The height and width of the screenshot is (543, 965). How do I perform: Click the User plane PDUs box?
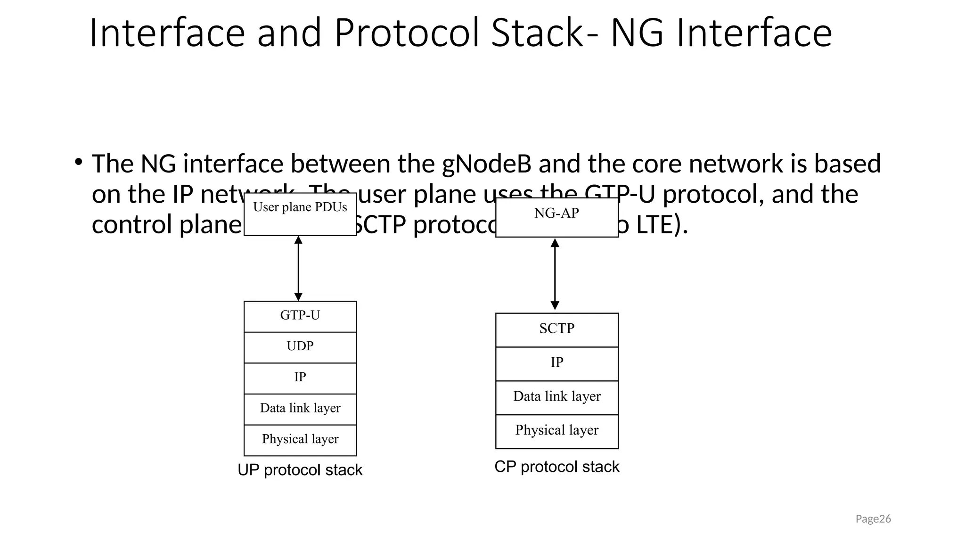point(300,214)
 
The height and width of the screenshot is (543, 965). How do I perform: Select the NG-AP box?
point(556,217)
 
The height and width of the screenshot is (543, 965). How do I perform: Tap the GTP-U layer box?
point(300,316)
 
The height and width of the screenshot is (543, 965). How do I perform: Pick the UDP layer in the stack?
point(300,347)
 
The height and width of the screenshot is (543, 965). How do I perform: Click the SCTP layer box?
point(556,329)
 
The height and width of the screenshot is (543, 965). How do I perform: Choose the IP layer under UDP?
point(300,378)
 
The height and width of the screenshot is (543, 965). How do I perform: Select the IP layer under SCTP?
point(556,363)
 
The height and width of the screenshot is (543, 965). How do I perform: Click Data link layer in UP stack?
point(300,409)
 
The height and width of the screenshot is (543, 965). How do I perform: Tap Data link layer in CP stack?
point(556,397)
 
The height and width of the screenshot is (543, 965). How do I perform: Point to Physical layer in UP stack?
point(300,440)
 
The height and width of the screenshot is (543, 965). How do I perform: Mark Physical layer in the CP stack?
point(556,431)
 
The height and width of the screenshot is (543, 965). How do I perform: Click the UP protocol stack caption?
point(300,470)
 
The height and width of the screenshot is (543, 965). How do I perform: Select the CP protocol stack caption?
point(556,467)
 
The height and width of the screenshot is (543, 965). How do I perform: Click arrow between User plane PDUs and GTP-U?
point(298,268)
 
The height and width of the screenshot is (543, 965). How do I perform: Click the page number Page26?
point(873,519)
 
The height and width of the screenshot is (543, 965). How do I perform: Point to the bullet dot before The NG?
point(78,163)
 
